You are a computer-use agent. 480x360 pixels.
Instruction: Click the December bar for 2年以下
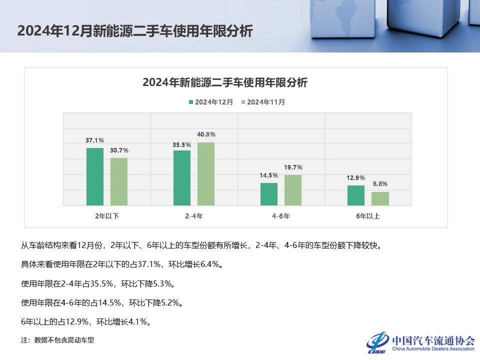tap(95, 176)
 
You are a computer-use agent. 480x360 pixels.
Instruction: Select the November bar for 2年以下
tap(119, 181)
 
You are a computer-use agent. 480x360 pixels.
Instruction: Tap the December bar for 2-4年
tap(182, 177)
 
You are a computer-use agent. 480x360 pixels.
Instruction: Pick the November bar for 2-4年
tap(206, 174)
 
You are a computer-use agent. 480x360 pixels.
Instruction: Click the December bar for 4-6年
tap(269, 194)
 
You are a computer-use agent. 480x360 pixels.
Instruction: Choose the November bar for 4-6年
tap(293, 190)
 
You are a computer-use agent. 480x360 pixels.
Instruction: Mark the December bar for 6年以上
tap(356, 195)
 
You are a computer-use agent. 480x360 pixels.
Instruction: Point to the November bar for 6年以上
tap(380, 198)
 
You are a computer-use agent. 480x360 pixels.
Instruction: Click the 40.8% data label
tap(206, 134)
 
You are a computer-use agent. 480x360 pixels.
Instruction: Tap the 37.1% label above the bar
tap(95, 140)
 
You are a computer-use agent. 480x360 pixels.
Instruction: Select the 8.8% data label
tap(380, 184)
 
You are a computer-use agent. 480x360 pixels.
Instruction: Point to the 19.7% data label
tap(293, 167)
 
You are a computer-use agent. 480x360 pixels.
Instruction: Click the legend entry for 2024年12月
tap(210, 102)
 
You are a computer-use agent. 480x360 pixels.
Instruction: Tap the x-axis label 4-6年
tap(281, 216)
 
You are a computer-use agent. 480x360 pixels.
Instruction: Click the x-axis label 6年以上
tap(368, 216)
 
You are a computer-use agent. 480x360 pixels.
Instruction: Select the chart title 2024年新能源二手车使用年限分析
tap(225, 82)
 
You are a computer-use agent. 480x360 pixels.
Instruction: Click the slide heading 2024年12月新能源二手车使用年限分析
tap(135, 31)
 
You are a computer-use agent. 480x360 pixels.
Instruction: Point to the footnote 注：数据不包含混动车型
tap(57, 340)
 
